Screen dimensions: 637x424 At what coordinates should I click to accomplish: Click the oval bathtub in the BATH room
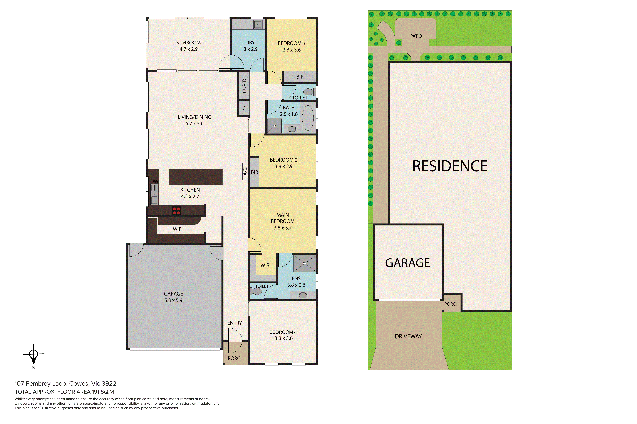click(x=308, y=118)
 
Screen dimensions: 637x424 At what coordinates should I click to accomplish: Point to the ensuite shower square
click(x=305, y=263)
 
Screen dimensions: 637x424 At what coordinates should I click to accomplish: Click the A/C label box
click(x=245, y=171)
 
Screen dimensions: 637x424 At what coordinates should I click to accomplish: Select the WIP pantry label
click(x=177, y=229)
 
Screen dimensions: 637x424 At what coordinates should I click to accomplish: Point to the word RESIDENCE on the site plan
click(x=450, y=166)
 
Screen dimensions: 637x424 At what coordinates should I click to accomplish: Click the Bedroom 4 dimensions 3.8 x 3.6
click(x=284, y=338)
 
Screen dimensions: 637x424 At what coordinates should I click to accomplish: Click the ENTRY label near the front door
click(x=235, y=323)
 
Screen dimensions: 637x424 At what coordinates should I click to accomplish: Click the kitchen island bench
click(x=196, y=177)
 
